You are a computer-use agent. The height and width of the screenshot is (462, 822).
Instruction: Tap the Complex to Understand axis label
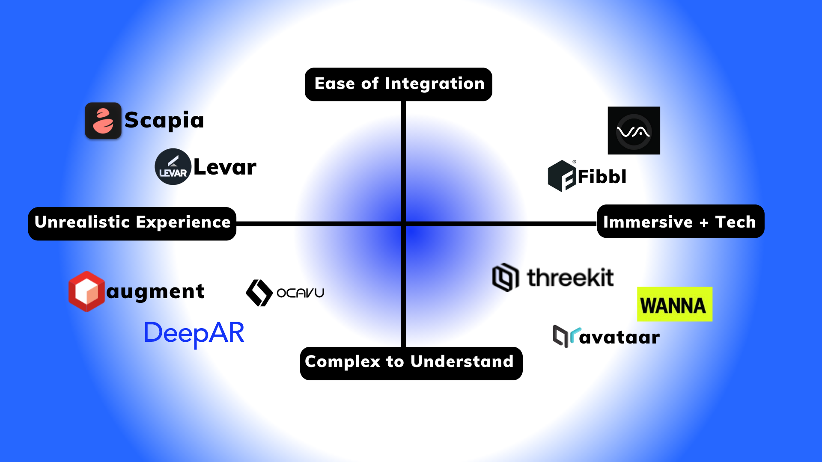click(x=411, y=363)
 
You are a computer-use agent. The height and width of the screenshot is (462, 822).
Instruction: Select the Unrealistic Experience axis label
click(x=132, y=223)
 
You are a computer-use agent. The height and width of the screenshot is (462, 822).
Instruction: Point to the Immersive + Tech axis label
click(x=680, y=222)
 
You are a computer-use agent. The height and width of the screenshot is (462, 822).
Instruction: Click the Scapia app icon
click(x=103, y=121)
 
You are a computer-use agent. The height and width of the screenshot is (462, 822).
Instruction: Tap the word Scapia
click(x=164, y=121)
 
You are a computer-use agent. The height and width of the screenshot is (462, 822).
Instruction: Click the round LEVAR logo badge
click(x=173, y=167)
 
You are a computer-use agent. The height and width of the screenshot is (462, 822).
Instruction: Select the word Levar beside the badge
click(x=225, y=167)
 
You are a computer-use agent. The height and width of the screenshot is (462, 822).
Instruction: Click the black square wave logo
click(x=634, y=130)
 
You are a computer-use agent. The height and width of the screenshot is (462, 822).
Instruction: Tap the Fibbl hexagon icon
click(x=561, y=176)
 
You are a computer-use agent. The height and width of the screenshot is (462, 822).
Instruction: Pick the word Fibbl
click(x=602, y=177)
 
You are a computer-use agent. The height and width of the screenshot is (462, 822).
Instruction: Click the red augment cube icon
click(x=87, y=291)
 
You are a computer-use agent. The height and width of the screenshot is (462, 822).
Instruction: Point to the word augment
click(x=155, y=292)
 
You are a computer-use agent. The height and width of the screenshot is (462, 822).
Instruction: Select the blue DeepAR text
click(x=194, y=333)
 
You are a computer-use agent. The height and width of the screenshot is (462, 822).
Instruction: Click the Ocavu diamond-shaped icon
click(x=259, y=293)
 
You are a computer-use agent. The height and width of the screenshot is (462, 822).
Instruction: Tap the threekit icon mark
click(x=505, y=277)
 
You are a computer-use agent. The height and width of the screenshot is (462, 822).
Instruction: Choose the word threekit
click(x=570, y=278)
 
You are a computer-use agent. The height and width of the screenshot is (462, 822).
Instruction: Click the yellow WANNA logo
click(x=674, y=305)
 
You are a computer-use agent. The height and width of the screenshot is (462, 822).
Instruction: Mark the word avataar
click(x=619, y=338)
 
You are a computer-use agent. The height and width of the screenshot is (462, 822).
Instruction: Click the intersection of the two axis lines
click(x=404, y=224)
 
